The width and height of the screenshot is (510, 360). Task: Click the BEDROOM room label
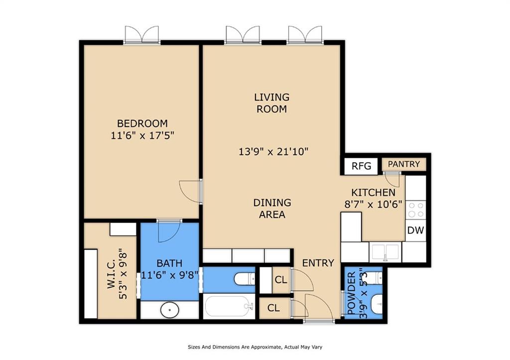(x=142, y=123)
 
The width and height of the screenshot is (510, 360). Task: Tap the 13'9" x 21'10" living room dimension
(x=273, y=151)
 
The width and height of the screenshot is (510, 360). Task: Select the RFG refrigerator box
(x=362, y=166)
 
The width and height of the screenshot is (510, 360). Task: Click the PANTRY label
(x=404, y=164)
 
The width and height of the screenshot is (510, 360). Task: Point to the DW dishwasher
(x=416, y=230)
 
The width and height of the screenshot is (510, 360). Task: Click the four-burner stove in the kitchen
(x=416, y=210)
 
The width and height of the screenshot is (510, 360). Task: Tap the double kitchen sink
(x=385, y=252)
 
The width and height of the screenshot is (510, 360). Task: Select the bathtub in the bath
(x=229, y=306)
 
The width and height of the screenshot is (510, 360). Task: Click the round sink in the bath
(x=170, y=310)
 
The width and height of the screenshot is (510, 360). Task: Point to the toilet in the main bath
(x=244, y=279)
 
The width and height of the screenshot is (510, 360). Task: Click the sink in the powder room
(x=377, y=304)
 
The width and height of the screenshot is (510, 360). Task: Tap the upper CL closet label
(x=281, y=280)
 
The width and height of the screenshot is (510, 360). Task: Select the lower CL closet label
(x=273, y=308)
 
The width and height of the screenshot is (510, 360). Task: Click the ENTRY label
(x=318, y=263)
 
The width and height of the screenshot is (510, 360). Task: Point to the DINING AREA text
(x=272, y=209)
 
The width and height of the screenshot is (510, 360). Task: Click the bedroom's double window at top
(x=142, y=34)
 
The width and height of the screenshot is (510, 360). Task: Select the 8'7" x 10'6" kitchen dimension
(x=374, y=205)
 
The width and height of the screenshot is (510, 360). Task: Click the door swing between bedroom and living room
(x=190, y=191)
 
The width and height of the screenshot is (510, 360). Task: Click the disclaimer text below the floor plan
(x=255, y=347)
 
